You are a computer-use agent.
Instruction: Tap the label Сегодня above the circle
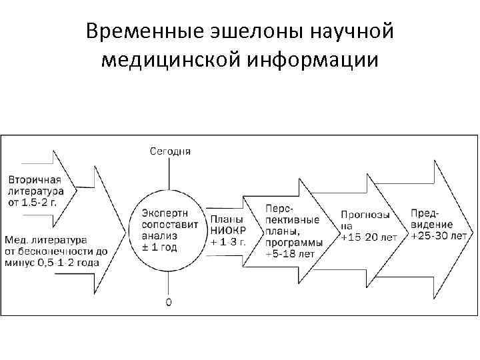[169, 151]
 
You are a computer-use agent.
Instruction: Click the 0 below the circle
[169, 302]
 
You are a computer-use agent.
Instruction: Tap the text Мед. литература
[43, 239]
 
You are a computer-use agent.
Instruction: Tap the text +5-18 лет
[291, 254]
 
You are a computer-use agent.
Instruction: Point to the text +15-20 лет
[369, 237]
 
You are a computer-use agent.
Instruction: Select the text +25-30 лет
[439, 235]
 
